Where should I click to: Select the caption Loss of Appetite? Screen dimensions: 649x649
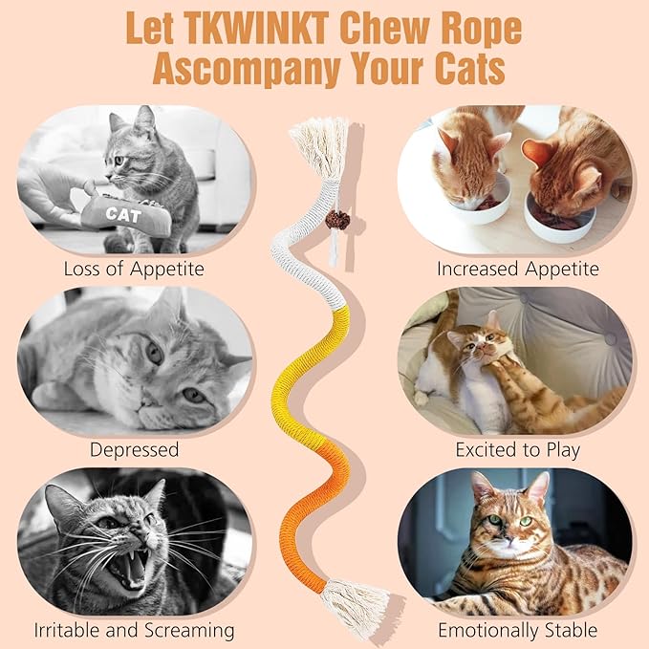(134, 269)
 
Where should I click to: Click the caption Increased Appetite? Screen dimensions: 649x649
(517, 269)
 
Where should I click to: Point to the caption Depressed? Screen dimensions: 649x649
(134, 448)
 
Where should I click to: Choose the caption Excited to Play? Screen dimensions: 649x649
(517, 448)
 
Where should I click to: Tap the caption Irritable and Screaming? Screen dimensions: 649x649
(134, 630)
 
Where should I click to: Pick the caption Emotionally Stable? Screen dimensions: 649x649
(517, 630)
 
